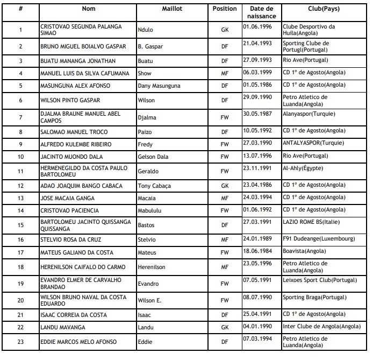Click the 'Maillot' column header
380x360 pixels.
tap(172, 9)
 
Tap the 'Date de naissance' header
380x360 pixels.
tap(262, 12)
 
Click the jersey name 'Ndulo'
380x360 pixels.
tap(145, 30)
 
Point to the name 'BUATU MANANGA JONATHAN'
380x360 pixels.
tap(78, 61)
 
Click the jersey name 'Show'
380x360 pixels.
tap(145, 73)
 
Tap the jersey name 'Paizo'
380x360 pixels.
tap(145, 132)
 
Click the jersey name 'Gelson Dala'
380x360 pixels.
tap(153, 157)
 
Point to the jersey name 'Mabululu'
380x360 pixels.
tap(150, 210)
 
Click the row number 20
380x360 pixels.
tap(21, 300)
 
